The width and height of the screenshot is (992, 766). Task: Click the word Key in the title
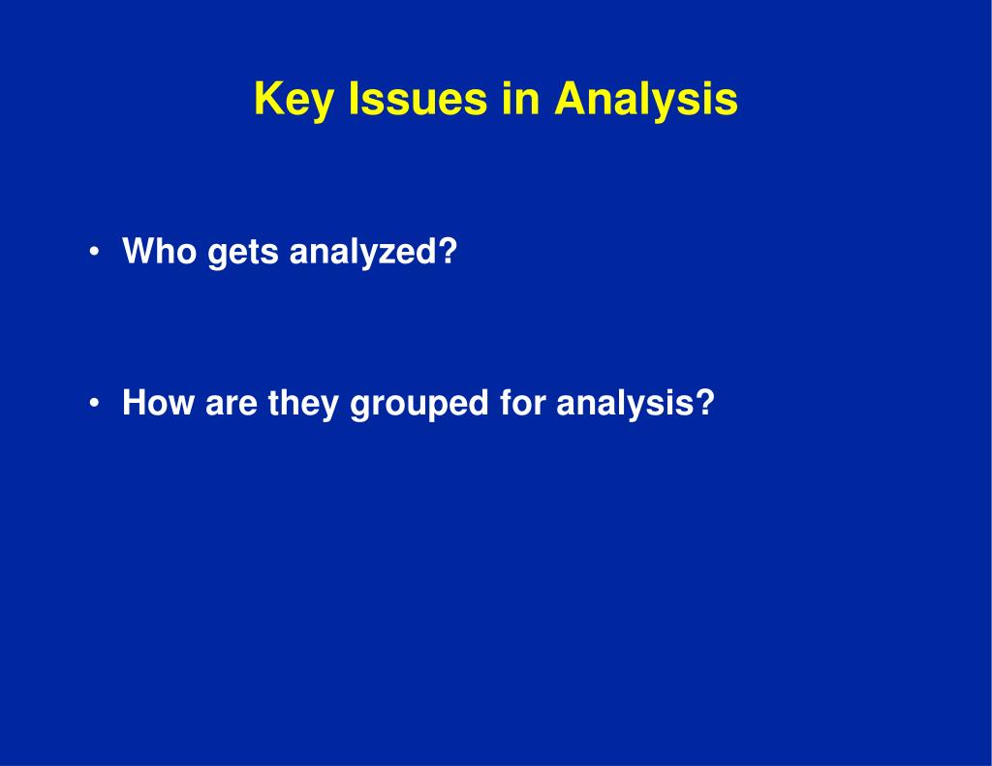pos(293,100)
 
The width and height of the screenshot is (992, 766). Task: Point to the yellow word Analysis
pos(646,100)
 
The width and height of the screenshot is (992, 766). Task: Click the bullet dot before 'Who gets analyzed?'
pos(94,252)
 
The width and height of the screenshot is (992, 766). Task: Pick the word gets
pos(243,253)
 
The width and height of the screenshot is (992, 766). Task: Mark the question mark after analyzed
pos(446,251)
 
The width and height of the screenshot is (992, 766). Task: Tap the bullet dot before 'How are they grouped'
pos(94,403)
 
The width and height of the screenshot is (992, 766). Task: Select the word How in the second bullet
pos(158,402)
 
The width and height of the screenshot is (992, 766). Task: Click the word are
pos(232,406)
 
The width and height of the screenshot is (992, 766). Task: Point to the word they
pos(303,404)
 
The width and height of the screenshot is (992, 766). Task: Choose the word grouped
pos(419,404)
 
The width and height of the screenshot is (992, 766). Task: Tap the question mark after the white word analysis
pos(704,402)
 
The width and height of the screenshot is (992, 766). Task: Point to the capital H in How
pos(136,402)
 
